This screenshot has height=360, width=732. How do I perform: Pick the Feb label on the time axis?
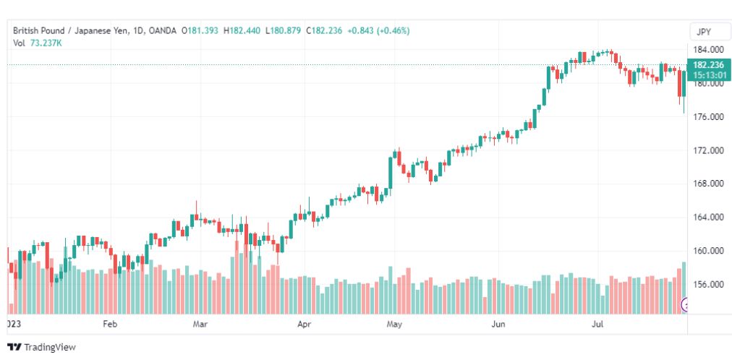[110, 323]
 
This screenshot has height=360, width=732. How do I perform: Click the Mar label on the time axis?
[200, 323]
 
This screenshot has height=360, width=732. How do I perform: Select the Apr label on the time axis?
[304, 323]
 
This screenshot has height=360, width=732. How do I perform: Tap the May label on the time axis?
[394, 323]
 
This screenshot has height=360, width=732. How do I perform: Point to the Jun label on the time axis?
[498, 323]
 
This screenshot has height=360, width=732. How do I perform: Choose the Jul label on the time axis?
[598, 323]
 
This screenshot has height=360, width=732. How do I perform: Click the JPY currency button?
[704, 32]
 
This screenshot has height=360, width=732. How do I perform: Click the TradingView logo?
[41, 347]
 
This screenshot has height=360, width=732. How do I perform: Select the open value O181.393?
[200, 31]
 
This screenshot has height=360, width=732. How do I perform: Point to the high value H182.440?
[242, 31]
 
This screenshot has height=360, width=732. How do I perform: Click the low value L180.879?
[283, 31]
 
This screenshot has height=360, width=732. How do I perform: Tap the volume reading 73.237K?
[46, 43]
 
